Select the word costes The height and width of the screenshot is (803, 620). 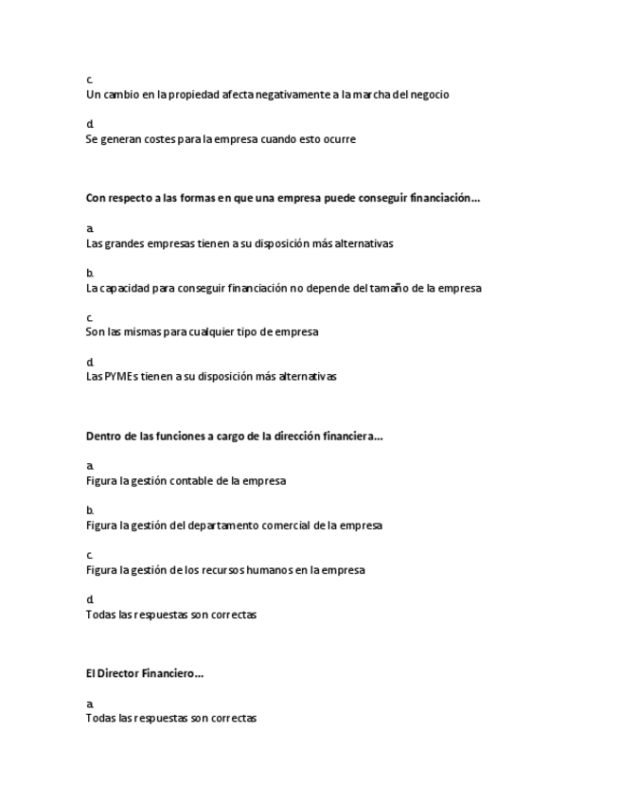tap(156, 139)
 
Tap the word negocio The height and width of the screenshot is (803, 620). tap(428, 95)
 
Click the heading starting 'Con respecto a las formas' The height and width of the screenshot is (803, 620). tap(283, 199)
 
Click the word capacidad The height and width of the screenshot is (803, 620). tap(128, 288)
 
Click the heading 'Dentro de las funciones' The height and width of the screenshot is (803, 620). tap(234, 437)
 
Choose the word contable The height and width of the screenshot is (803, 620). tap(190, 481)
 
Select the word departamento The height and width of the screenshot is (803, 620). tap(225, 526)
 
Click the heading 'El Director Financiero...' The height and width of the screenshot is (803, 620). tap(145, 674)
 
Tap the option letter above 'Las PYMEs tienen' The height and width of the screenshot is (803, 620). tap(90, 363)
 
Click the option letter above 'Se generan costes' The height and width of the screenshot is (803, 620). tap(90, 125)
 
